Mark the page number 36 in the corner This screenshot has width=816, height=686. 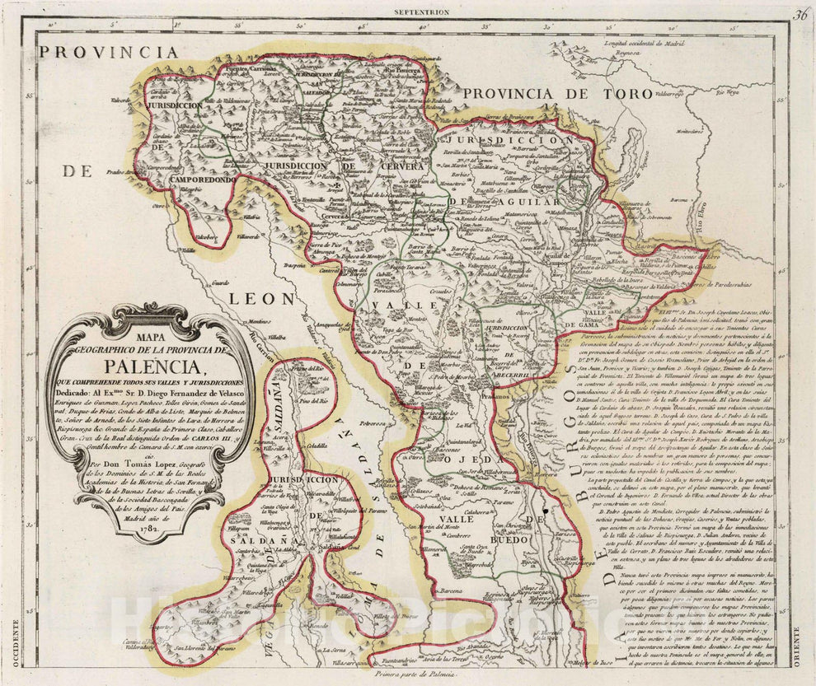800,13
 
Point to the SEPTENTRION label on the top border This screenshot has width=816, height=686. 420,12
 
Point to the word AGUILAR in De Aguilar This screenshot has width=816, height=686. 517,202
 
